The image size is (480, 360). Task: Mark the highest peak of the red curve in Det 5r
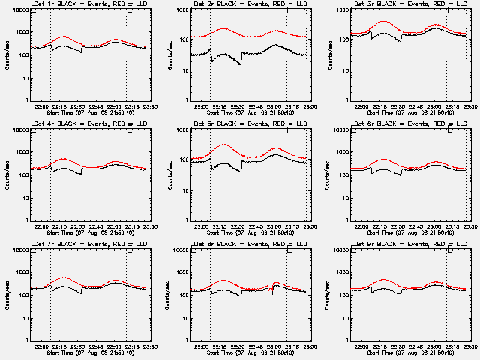click(223, 144)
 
